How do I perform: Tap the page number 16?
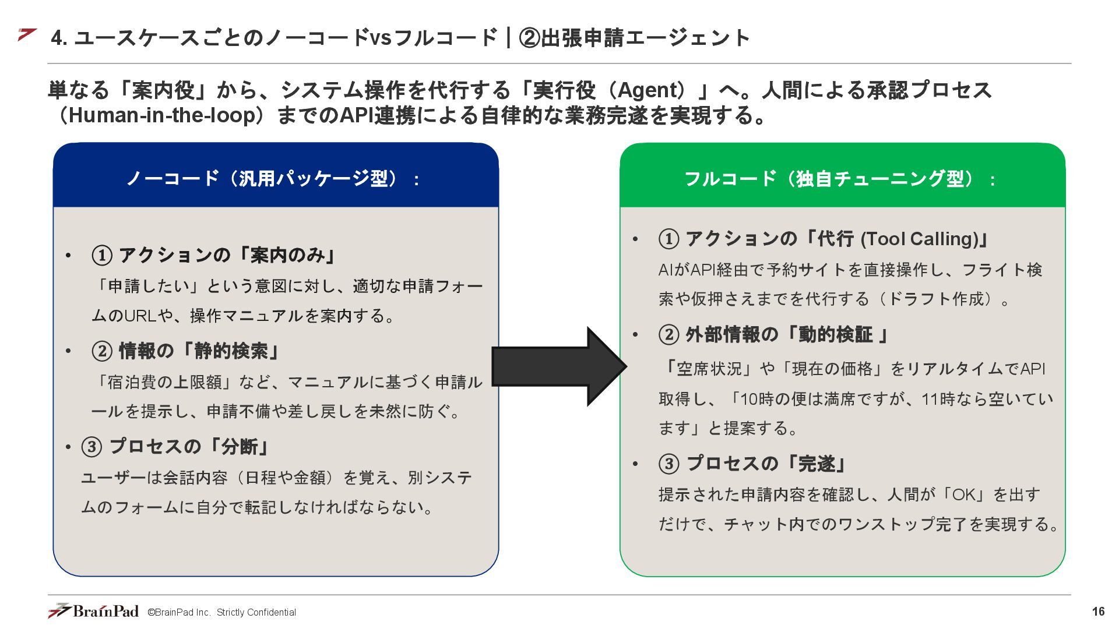(1098, 612)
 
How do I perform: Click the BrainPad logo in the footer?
(93, 611)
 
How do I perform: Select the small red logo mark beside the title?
(27, 35)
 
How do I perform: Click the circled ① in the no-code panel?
(102, 255)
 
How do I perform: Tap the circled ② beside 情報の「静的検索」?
(102, 351)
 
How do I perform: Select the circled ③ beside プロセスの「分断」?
(92, 447)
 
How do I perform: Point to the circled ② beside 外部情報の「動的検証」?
(668, 334)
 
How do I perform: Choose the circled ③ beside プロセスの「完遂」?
(668, 464)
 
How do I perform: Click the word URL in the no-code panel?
(140, 316)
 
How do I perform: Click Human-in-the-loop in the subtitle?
(163, 115)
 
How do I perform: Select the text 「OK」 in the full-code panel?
(964, 494)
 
